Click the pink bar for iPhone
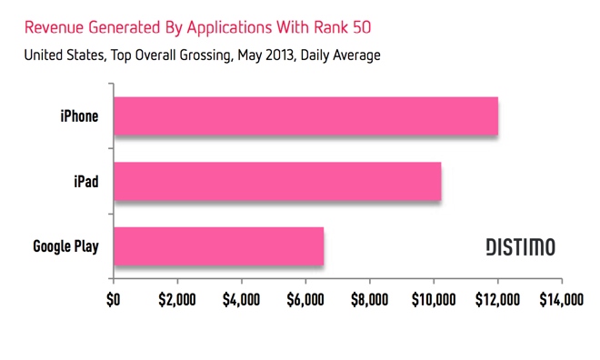pos(305,115)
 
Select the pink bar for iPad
pos(277,181)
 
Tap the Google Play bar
pos(218,245)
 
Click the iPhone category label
pos(78,116)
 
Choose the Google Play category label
pos(66,246)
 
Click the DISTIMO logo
pos(519,246)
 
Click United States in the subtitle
pos(57,55)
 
